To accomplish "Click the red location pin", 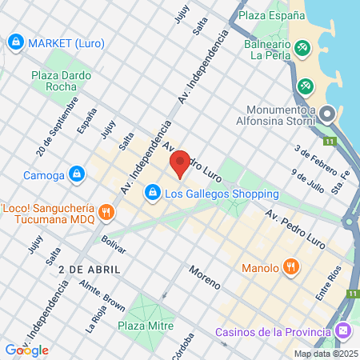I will (x=180, y=164).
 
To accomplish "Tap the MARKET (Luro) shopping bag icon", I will (x=15, y=41).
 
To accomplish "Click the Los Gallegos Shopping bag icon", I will (x=152, y=193).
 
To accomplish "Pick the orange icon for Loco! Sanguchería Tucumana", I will (x=106, y=212).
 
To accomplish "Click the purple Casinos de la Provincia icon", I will (x=343, y=330).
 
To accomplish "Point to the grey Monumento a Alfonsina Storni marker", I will (x=329, y=117).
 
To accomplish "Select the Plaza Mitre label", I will (x=145, y=326).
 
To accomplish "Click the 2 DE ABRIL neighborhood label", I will (x=90, y=269).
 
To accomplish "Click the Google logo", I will (x=26, y=350).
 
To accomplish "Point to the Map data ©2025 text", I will (x=324, y=354).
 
